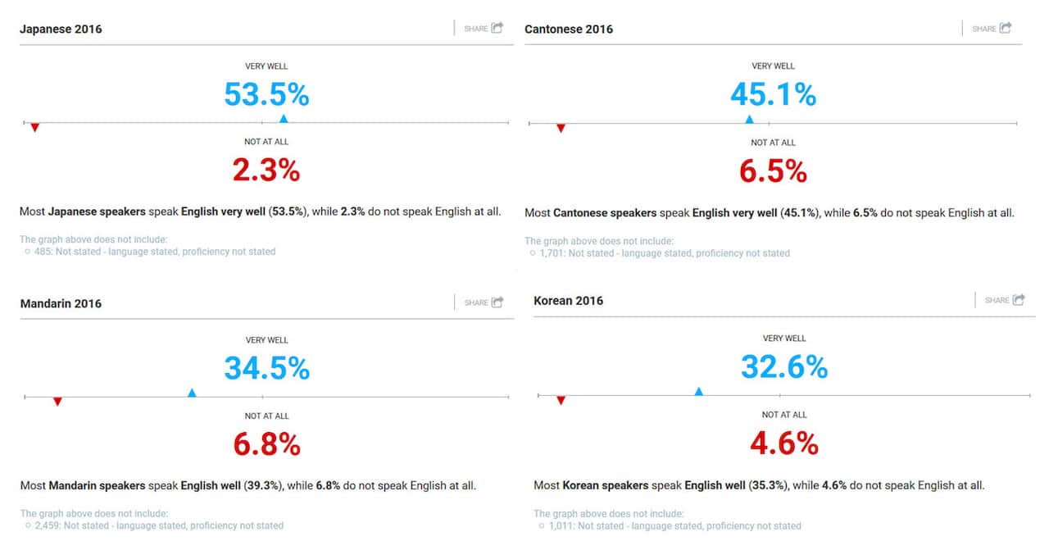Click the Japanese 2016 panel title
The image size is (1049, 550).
click(61, 30)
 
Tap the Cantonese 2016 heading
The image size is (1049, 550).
click(569, 30)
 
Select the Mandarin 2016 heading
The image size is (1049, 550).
click(61, 304)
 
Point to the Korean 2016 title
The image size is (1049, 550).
click(568, 301)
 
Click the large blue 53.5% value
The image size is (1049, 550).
click(266, 95)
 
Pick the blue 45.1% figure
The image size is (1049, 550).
click(773, 95)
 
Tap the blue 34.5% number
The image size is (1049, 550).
click(266, 369)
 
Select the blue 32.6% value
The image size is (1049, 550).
click(784, 367)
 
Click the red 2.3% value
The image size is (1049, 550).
click(266, 170)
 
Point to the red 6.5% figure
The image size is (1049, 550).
click(773, 171)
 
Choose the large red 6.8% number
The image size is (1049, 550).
click(266, 444)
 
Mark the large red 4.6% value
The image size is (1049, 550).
click(784, 443)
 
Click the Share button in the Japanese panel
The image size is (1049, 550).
click(484, 29)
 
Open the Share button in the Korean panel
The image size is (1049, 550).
click(1005, 300)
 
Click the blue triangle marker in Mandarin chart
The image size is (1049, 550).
click(192, 393)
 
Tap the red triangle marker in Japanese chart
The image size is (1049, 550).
click(34, 127)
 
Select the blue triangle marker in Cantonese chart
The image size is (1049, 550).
click(749, 120)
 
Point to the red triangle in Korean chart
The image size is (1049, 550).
click(561, 400)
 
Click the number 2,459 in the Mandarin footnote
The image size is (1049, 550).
click(46, 525)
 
